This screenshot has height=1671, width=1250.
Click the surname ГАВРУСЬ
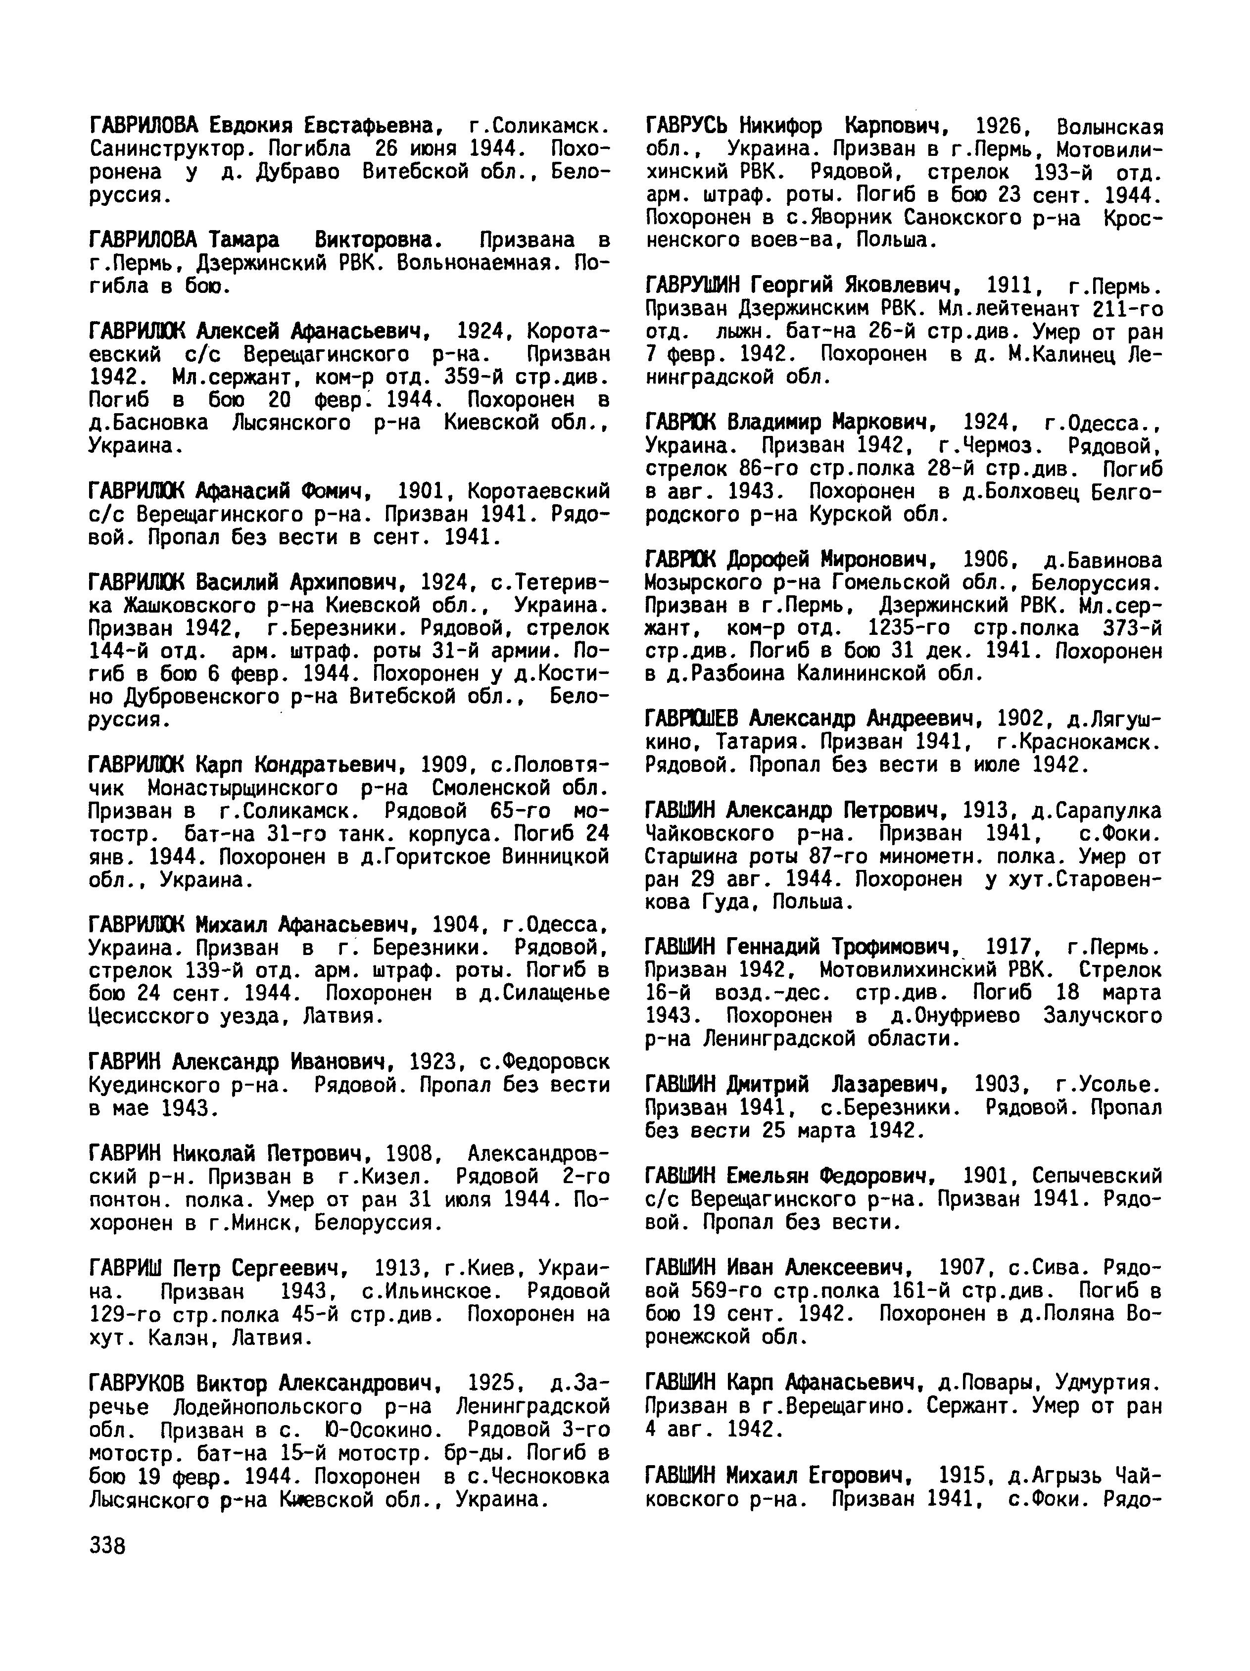point(689,125)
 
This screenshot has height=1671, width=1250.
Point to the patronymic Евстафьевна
point(369,125)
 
